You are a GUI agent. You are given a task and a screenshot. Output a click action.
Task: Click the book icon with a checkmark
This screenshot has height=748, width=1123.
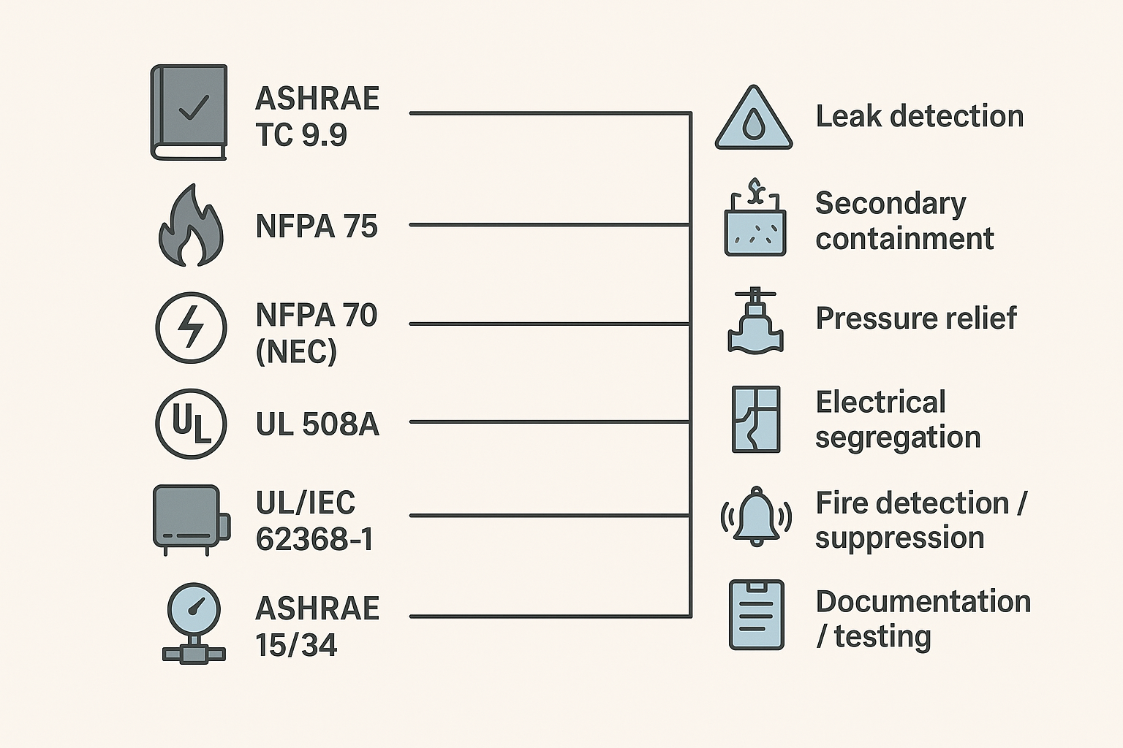pos(189,112)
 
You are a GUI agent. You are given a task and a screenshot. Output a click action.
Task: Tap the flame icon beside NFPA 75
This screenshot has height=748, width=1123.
pos(190,226)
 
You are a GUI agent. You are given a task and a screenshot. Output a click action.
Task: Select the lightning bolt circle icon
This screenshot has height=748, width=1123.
pos(191,327)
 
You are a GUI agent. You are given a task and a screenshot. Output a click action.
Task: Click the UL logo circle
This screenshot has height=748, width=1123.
pos(191,424)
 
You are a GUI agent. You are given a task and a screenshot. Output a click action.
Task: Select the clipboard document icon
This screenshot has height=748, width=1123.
pos(756,615)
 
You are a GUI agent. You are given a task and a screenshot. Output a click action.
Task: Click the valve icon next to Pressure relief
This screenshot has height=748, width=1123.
pos(755,321)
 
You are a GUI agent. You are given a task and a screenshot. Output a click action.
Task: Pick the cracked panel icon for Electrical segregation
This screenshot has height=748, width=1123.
pos(756,420)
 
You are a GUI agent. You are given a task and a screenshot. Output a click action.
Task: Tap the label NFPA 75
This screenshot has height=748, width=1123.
pos(317,226)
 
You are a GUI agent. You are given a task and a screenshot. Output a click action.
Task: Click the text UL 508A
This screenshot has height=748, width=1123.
pos(317,424)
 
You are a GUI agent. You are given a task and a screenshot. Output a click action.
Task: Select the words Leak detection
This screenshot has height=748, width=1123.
pos(919,117)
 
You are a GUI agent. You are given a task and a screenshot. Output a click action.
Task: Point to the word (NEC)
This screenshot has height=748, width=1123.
pos(296,352)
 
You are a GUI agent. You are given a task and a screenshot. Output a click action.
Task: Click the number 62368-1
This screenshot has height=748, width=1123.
pos(314,540)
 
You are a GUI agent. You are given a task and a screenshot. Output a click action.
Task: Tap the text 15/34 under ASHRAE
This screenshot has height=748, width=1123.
pos(296,645)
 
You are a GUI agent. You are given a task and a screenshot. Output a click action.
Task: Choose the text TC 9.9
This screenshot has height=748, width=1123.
pos(301,135)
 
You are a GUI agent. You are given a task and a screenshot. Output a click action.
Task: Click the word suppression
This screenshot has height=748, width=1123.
pos(899,538)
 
